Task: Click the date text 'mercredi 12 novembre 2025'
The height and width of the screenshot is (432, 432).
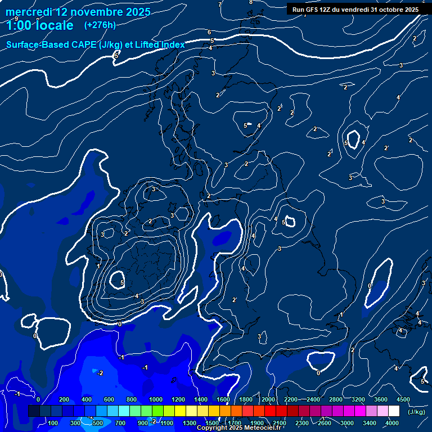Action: pyautogui.click(x=79, y=12)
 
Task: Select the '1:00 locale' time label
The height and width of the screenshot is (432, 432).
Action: pyautogui.click(x=40, y=25)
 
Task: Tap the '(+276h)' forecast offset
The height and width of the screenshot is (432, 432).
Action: pyautogui.click(x=100, y=25)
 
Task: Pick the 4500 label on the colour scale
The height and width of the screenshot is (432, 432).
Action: pyautogui.click(x=403, y=399)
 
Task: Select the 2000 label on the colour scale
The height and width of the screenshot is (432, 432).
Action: pyautogui.click(x=268, y=399)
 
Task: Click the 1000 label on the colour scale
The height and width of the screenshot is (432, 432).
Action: pyautogui.click(x=155, y=399)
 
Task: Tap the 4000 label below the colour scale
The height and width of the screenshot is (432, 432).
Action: pyautogui.click(x=392, y=422)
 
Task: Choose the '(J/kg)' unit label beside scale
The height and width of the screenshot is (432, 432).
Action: pyautogui.click(x=416, y=412)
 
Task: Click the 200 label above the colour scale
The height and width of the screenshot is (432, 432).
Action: pyautogui.click(x=64, y=399)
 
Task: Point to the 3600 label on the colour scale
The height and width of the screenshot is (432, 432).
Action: pyautogui.click(x=381, y=399)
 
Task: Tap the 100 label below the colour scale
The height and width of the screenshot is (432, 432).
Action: pyautogui.click(x=53, y=422)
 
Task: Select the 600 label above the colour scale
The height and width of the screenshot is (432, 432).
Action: pyautogui.click(x=109, y=399)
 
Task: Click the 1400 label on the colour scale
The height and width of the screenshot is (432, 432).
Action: pyautogui.click(x=200, y=399)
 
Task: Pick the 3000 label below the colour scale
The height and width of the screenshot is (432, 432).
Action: pyautogui.click(x=347, y=422)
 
